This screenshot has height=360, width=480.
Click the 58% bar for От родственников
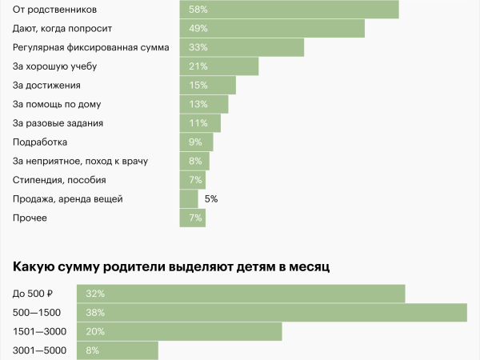pos(289,10)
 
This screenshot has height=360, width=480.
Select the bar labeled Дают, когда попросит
pos(272,29)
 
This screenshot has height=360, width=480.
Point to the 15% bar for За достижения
pos(208,86)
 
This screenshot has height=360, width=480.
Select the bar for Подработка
pos(197,142)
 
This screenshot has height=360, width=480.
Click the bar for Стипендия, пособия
pos(193,180)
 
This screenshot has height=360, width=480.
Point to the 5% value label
pos(211,199)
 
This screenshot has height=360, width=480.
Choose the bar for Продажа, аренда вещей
pos(189,199)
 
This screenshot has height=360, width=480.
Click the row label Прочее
pos(30,218)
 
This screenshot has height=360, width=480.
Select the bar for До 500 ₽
pos(241,294)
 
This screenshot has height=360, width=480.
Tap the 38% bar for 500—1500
pos(272,313)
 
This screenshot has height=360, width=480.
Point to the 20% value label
pos(95,331)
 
